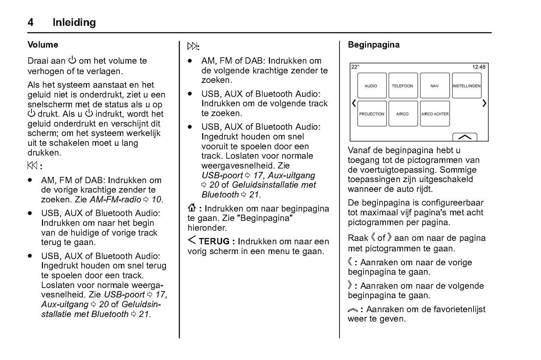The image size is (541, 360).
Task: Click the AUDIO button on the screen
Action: tap(371, 86)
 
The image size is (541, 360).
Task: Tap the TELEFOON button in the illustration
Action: tap(402, 86)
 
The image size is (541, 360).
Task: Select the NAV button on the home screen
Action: tap(435, 86)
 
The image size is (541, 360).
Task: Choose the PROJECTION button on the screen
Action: tap(371, 114)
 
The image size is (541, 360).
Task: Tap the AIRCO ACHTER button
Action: tap(435, 114)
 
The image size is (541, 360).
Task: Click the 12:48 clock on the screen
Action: tap(478, 67)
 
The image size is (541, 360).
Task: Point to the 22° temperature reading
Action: tap(355, 67)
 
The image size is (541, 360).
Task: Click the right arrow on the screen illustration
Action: tap(484, 103)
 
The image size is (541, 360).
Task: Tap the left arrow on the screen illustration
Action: tap(354, 103)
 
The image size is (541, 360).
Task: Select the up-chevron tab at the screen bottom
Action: tap(465, 137)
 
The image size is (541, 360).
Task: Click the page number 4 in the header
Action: tap(30, 22)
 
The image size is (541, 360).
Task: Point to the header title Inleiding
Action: tap(74, 22)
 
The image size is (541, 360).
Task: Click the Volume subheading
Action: tap(43, 45)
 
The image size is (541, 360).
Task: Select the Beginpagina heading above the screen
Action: tap(374, 45)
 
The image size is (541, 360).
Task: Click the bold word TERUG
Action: tap(214, 242)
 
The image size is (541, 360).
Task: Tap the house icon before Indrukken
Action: tap(192, 209)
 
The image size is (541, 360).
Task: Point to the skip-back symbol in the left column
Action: tap(33, 166)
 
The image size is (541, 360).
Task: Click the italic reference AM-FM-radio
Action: tap(115, 200)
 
